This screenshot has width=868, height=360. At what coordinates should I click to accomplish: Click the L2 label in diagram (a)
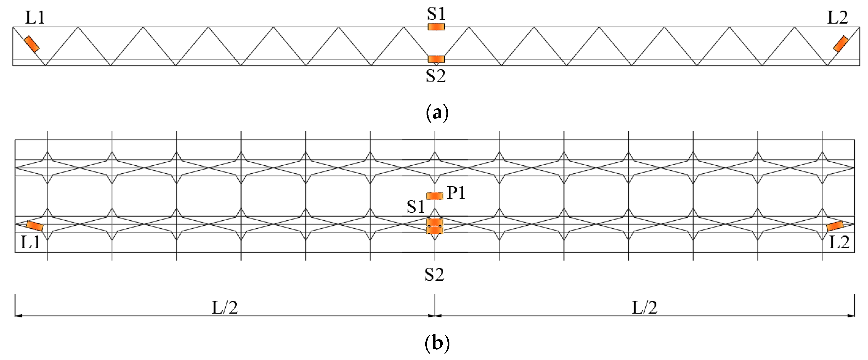(x=838, y=17)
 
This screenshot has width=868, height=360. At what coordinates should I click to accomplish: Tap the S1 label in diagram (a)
(x=436, y=14)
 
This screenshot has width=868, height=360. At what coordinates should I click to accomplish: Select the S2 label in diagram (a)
(x=436, y=76)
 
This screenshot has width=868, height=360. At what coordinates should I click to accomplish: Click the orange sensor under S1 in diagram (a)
(x=436, y=27)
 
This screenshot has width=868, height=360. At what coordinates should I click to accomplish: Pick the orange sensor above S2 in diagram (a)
(x=436, y=59)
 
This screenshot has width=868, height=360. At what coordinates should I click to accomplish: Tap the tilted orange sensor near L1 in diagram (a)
(x=32, y=44)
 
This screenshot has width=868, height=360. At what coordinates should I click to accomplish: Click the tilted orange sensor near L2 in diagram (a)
(x=841, y=44)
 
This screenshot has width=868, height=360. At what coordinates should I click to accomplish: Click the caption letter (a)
(x=437, y=113)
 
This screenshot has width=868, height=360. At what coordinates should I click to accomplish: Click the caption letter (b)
(x=437, y=343)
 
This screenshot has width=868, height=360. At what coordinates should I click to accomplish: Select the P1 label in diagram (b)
(x=456, y=193)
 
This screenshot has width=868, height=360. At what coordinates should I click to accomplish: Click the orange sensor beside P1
(x=435, y=196)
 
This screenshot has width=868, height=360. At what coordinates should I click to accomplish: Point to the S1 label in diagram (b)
(x=416, y=206)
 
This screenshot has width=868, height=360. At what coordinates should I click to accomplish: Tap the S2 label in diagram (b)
(x=434, y=274)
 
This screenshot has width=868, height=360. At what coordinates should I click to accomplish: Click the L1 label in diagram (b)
(x=30, y=242)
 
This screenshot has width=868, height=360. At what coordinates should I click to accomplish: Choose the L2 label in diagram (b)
(x=839, y=242)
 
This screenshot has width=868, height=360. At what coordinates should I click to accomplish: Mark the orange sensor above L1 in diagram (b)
(x=35, y=226)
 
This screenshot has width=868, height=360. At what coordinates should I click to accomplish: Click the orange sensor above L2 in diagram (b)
(x=835, y=226)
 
